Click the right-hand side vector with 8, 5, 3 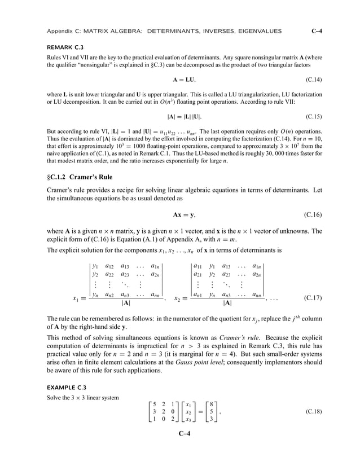click(x=210, y=411)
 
